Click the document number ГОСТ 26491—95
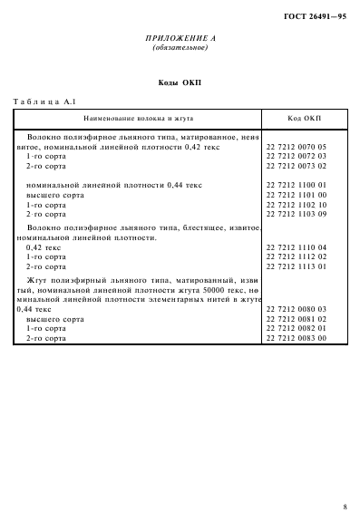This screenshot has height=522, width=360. [x=316, y=16]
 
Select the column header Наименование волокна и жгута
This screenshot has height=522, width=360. [x=139, y=119]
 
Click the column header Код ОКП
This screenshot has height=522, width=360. [x=302, y=119]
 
